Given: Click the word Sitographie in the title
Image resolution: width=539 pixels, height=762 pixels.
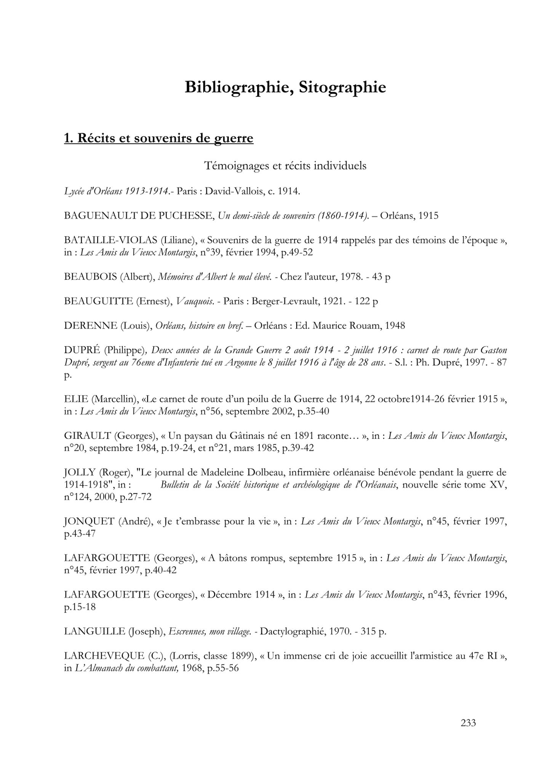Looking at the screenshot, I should coord(342,88).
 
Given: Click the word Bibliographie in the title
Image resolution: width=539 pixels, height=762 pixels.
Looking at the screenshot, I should coord(239,88).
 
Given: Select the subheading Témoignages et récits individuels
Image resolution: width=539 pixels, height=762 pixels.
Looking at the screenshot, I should coord(285,166).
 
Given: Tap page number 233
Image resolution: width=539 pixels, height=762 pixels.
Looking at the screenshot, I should coord(468,723).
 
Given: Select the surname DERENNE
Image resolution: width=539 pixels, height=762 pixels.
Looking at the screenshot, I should coord(91,326).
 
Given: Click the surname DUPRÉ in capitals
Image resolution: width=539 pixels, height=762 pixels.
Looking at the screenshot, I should coord(82,350).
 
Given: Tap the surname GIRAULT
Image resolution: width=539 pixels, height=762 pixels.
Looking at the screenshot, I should coord(87,436).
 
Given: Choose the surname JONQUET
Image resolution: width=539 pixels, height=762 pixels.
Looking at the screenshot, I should coord(89,522).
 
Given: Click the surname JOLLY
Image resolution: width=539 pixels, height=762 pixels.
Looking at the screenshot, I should coord(80,473).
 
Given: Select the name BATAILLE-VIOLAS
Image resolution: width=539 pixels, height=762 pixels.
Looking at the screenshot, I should coord(111,240).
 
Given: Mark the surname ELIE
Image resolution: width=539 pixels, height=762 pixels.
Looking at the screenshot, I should coord(76,399).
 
